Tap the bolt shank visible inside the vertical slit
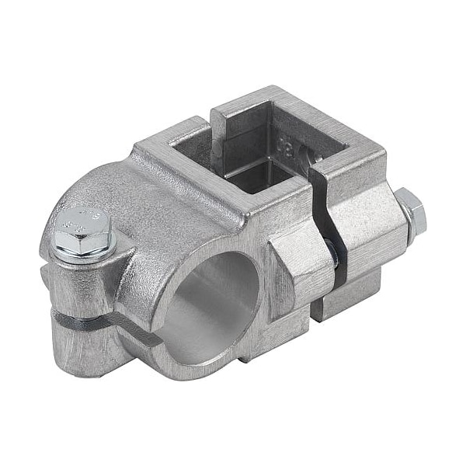coord(332,249)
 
